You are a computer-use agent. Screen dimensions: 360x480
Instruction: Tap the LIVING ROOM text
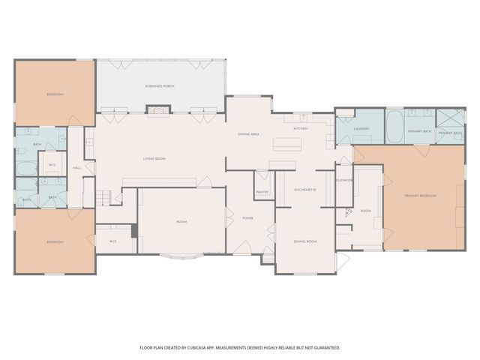[x=154, y=158]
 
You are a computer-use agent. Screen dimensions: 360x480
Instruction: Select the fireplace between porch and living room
[x=158, y=111]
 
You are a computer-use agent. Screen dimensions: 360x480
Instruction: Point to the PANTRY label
[x=262, y=192]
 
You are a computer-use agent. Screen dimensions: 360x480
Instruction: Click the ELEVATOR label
[x=344, y=180]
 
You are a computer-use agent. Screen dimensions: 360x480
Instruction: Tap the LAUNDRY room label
[x=361, y=128]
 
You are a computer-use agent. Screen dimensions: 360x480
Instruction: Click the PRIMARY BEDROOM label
[x=420, y=195]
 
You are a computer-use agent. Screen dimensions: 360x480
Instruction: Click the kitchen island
[x=286, y=144]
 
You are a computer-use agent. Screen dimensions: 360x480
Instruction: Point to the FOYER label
[x=247, y=218]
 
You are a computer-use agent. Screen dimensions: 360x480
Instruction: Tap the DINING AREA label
[x=248, y=133]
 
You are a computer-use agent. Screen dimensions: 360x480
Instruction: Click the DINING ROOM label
[x=304, y=241]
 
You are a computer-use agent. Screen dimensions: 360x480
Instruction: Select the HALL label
[x=76, y=168]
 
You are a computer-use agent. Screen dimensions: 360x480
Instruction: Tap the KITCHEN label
[x=301, y=128]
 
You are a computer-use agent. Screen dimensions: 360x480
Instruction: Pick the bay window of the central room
[x=182, y=259]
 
